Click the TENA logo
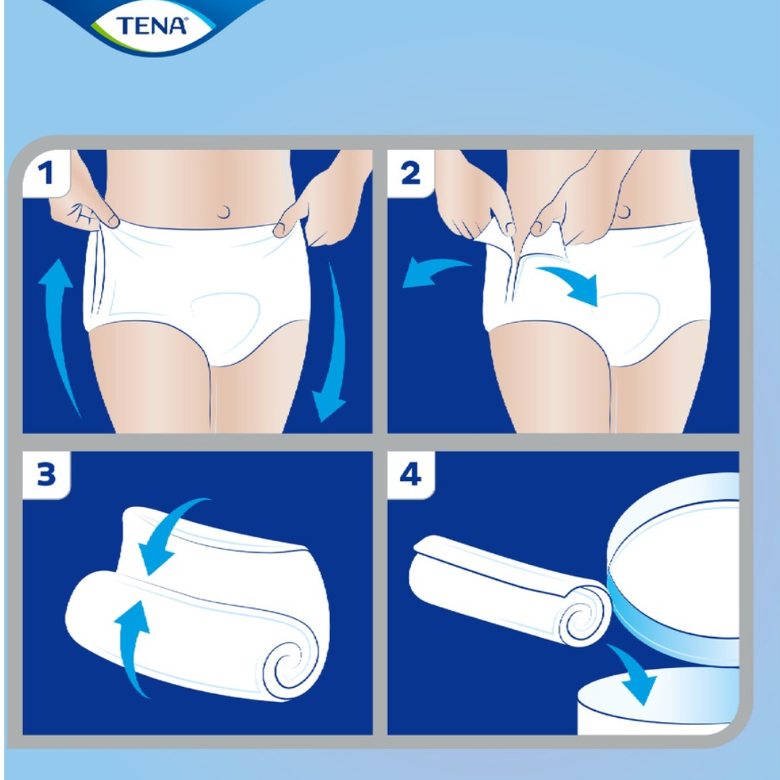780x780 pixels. (151, 26)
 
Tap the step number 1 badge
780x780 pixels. (46, 173)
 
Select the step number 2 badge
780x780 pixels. (410, 173)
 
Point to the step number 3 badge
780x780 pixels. (46, 474)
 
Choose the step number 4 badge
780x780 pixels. (410, 474)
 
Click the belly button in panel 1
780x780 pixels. (224, 212)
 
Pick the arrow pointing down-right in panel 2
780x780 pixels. (572, 284)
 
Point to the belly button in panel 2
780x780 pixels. (623, 212)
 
